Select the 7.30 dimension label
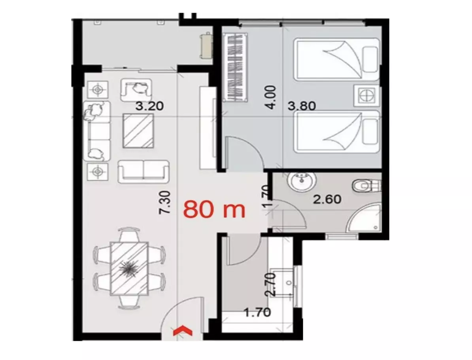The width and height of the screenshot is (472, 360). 165,203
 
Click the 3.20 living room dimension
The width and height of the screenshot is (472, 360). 149,106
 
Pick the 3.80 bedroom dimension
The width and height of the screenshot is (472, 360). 302,106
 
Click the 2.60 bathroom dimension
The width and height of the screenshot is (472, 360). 327,199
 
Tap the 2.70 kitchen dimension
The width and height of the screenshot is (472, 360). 271,284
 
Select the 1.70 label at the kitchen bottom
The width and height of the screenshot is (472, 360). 257,313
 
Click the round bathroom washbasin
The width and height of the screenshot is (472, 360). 302,182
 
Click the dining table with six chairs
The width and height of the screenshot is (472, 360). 129,269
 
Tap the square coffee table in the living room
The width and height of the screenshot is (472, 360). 138,131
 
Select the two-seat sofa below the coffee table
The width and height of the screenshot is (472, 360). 143,172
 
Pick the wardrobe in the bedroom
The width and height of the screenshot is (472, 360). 235,68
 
